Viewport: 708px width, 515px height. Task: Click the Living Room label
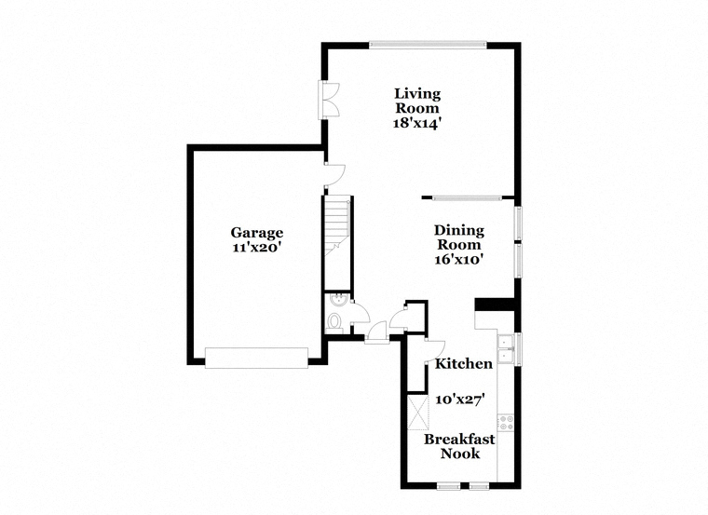pos(417,101)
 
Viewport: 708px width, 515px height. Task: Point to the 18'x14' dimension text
pos(416,123)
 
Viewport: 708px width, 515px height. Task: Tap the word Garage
pos(257,233)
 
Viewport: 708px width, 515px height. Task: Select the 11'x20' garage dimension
pos(257,248)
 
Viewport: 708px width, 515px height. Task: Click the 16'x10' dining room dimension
pos(459,260)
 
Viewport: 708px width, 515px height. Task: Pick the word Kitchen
pos(464,364)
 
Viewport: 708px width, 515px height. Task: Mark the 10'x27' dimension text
pos(460,399)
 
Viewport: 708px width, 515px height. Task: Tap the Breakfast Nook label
pos(459,446)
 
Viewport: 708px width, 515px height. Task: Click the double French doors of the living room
pos(329,100)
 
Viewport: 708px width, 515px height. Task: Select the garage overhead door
pos(256,358)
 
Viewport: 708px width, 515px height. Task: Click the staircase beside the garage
pos(338,225)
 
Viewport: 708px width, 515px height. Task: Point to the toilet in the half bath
pos(334,322)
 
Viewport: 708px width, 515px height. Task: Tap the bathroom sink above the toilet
pos(336,301)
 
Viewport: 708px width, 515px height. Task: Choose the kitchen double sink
pos(505,349)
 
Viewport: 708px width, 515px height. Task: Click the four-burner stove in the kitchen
pos(506,423)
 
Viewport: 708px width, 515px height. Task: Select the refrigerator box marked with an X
pos(418,412)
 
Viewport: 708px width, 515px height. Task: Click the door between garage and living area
pos(334,175)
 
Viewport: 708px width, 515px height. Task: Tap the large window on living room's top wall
pos(428,45)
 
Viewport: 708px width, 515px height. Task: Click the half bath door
pos(360,312)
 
